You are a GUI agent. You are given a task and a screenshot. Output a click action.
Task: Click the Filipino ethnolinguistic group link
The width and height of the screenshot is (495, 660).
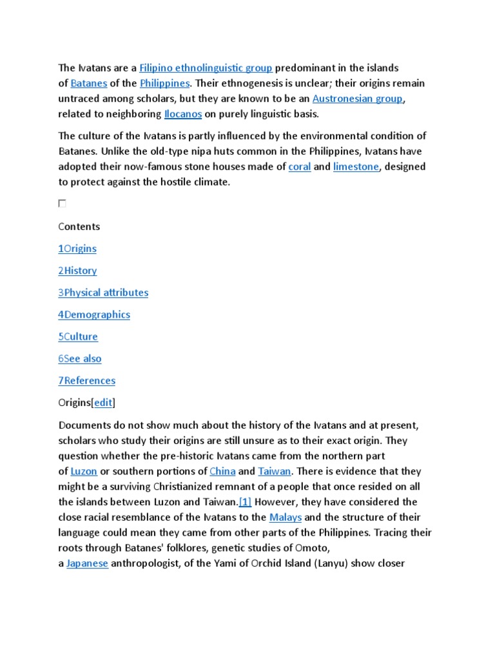(206, 68)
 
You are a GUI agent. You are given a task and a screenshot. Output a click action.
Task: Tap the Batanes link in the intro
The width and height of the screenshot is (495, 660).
(88, 83)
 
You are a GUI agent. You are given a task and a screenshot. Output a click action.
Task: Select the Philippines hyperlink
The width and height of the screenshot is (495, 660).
(164, 83)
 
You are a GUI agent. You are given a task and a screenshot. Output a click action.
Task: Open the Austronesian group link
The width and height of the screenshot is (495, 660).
(358, 99)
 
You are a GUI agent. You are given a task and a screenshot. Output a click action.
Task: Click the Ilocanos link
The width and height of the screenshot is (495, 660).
(183, 114)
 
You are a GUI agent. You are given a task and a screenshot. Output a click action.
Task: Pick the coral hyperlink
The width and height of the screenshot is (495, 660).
(299, 166)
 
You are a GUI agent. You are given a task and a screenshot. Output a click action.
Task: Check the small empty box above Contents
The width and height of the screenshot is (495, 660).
(62, 204)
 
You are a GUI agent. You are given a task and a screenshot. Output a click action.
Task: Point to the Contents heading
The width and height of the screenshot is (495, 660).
(79, 226)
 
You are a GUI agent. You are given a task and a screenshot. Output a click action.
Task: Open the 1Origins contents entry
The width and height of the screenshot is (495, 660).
(77, 249)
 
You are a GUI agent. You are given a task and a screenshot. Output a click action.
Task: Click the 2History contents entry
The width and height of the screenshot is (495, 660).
(77, 271)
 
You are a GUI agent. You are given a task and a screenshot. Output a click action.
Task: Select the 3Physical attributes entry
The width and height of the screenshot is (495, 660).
(103, 293)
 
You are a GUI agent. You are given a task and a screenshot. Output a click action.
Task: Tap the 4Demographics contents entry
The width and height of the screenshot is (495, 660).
(94, 315)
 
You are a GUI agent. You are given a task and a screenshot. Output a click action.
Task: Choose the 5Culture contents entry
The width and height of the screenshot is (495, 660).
(78, 336)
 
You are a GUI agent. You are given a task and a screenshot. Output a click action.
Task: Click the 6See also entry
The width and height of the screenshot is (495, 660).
(80, 358)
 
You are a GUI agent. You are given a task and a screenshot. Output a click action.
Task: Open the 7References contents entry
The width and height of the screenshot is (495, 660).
(87, 380)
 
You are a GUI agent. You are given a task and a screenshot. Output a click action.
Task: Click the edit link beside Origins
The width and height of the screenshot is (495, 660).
(103, 402)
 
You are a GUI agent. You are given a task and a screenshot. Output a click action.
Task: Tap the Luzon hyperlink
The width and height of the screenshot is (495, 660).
(84, 471)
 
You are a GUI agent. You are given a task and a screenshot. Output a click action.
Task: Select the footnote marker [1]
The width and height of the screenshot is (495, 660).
(245, 501)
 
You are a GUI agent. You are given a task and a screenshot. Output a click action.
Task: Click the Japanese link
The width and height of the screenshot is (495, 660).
(87, 563)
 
